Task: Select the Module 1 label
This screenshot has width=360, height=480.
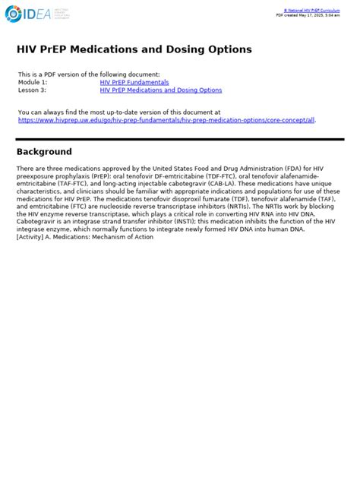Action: tap(33, 82)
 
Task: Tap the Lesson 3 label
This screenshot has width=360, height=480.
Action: tap(32, 90)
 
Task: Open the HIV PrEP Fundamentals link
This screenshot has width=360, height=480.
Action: tap(134, 82)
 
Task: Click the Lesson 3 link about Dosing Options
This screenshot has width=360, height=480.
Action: tap(161, 90)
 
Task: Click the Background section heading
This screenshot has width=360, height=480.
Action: tap(44, 152)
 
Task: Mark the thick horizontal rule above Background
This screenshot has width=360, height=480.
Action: tap(180, 139)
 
